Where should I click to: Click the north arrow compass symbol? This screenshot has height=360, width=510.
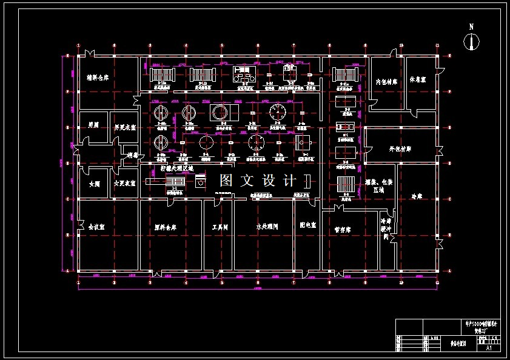pyautogui.click(x=471, y=41)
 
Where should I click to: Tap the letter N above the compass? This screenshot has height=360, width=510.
pyautogui.click(x=471, y=27)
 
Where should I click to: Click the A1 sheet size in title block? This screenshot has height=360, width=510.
pyautogui.click(x=489, y=348)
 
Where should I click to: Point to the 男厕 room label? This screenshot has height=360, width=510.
pyautogui.click(x=93, y=125)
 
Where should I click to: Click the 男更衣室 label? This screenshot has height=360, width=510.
pyautogui.click(x=124, y=128)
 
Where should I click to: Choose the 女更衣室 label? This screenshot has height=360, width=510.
pyautogui.click(x=124, y=184)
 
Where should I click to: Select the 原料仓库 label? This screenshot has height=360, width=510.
pyautogui.click(x=165, y=228)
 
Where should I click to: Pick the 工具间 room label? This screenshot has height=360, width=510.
pyautogui.click(x=219, y=227)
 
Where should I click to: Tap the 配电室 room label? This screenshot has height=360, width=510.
pyautogui.click(x=307, y=224)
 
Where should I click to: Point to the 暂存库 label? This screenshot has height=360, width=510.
pyautogui.click(x=343, y=230)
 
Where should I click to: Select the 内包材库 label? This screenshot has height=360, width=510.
pyautogui.click(x=386, y=81)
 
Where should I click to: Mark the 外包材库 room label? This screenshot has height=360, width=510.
pyautogui.click(x=400, y=148)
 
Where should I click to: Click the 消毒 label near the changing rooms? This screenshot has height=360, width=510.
pyautogui.click(x=133, y=155)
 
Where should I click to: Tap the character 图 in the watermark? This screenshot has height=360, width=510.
pyautogui.click(x=227, y=180)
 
